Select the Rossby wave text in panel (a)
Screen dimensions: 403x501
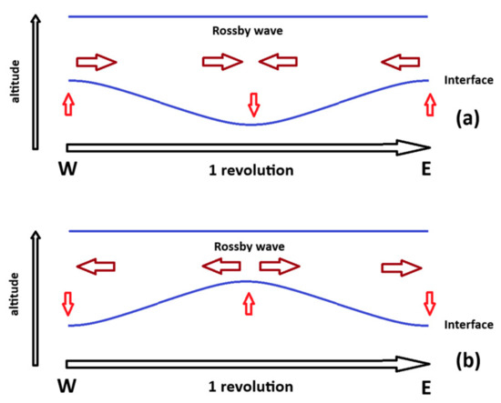click(x=249, y=31)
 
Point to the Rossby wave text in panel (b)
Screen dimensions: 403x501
click(x=249, y=247)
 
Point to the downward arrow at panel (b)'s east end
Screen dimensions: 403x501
click(x=430, y=301)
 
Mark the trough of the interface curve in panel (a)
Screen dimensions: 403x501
click(x=252, y=124)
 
